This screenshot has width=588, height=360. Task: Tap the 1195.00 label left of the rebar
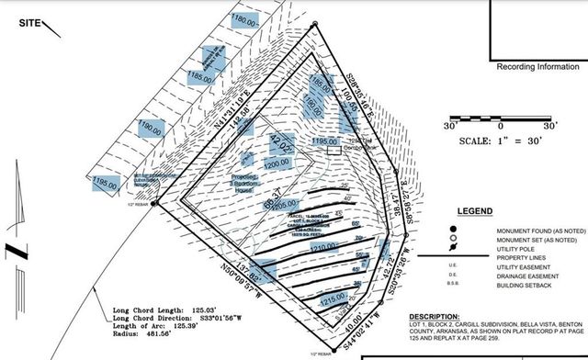(x=106, y=184)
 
